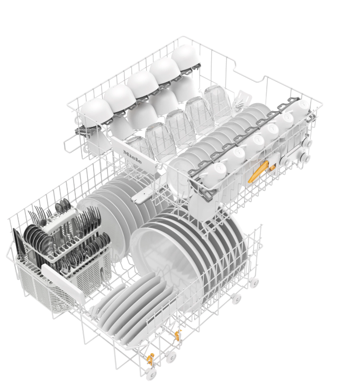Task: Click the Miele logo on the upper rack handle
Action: (132, 157)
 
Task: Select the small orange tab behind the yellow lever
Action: (272, 168)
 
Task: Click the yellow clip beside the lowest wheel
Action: (150, 359)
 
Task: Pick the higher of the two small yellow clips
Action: (177, 335)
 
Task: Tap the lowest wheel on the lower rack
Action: (150, 375)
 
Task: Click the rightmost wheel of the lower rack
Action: (254, 281)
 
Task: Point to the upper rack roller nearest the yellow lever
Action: (286, 161)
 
